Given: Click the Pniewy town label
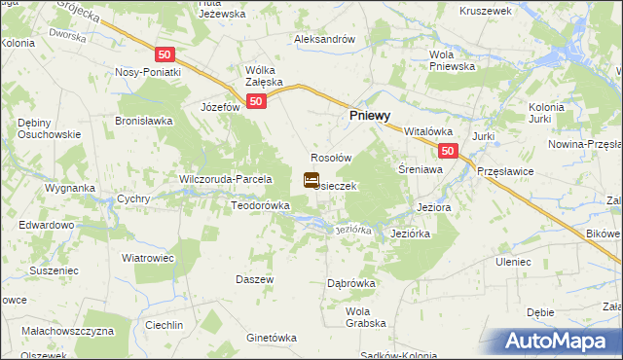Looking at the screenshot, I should click(x=371, y=114).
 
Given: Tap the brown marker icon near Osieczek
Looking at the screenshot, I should click(x=311, y=180).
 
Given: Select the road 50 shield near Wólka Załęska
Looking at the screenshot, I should click(x=255, y=101).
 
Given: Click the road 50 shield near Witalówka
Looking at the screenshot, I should click(x=447, y=151).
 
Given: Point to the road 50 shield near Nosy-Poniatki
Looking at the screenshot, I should click(x=165, y=54).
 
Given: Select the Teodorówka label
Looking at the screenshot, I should click(x=260, y=206).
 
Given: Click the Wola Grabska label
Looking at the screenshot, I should click(x=366, y=317).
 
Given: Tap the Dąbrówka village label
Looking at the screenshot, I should click(x=351, y=283).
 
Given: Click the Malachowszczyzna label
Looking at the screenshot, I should click(x=70, y=332).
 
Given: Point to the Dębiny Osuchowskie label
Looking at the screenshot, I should click(x=42, y=128).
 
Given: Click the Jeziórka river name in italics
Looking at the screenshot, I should click(x=353, y=231).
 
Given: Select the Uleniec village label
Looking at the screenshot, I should click(x=513, y=263).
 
